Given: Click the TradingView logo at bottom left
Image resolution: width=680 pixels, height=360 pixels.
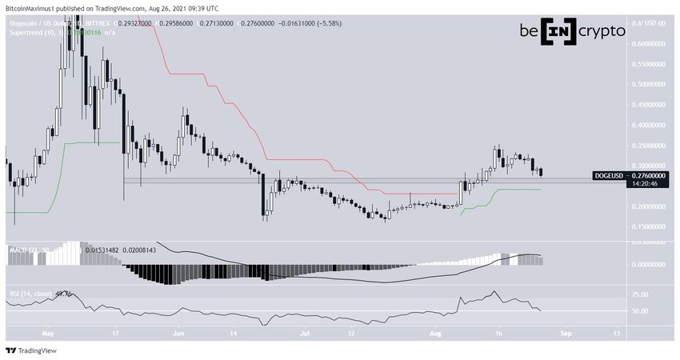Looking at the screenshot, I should click(x=27, y=350).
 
